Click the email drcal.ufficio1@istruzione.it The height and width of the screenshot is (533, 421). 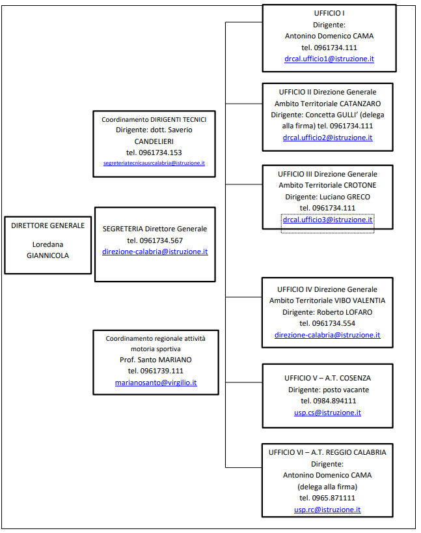coord(329,59)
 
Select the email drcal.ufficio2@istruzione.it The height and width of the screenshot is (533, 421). coord(327,137)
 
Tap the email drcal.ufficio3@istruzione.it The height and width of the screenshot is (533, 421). coord(327,220)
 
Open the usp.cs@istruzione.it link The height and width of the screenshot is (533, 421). coord(327,412)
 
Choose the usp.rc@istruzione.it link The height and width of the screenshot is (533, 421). coord(327,510)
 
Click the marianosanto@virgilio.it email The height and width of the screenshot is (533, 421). coord(156,382)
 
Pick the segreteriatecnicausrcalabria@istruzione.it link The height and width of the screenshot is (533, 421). coord(154,163)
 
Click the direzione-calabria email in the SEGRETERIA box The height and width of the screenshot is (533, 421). coord(155,251)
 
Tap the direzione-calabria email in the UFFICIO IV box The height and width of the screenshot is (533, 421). coord(327,335)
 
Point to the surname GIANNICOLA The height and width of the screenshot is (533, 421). coord(48,255)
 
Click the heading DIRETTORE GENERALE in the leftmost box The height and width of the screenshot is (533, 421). coord(48,225)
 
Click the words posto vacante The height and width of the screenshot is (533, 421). coord(346,390)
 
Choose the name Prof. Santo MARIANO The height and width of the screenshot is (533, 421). coord(155,360)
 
